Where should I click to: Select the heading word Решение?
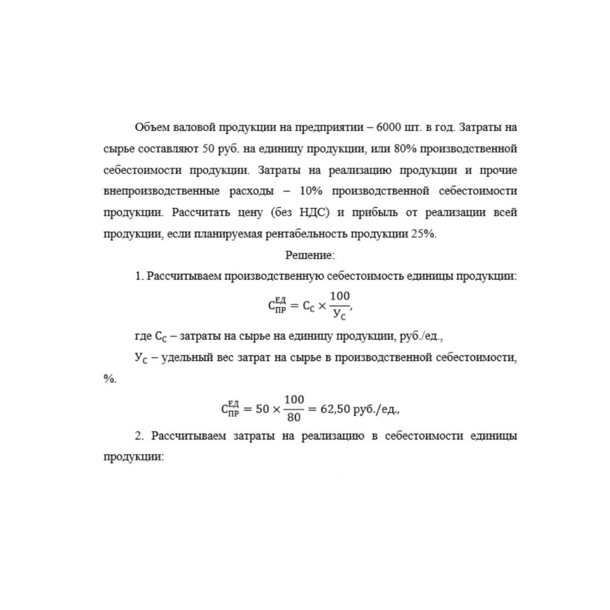pos(310,255)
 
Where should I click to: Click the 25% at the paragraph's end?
pos(424,234)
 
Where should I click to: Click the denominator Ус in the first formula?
pos(341,315)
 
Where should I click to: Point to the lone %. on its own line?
pos(110,379)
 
